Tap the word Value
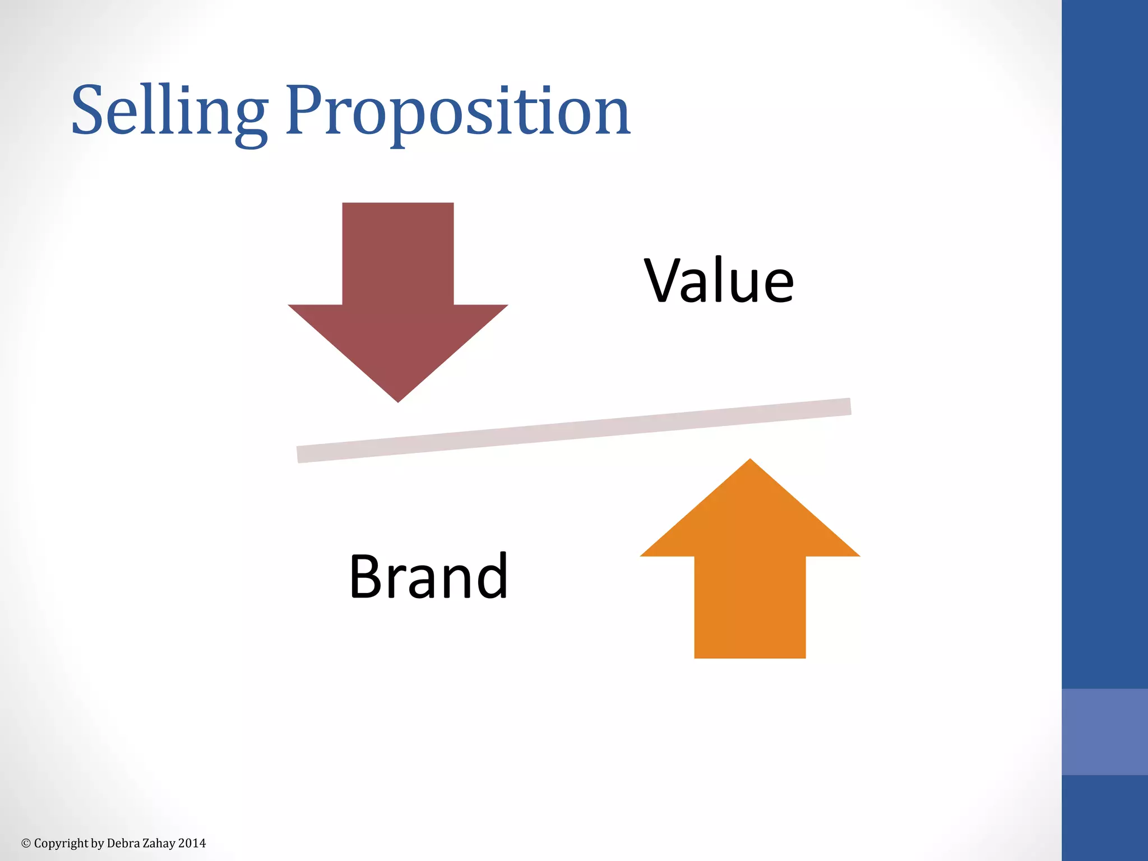(x=719, y=280)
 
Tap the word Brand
(x=429, y=576)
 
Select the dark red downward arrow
(x=398, y=291)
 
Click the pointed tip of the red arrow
(x=398, y=399)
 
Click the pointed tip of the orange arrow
(x=750, y=462)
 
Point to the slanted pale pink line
(x=574, y=430)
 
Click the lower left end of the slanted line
(x=302, y=454)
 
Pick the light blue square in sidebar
(x=1104, y=732)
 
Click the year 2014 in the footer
(x=192, y=843)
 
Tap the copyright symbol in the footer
(x=26, y=843)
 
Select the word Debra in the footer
(x=119, y=843)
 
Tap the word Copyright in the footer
(x=61, y=843)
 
